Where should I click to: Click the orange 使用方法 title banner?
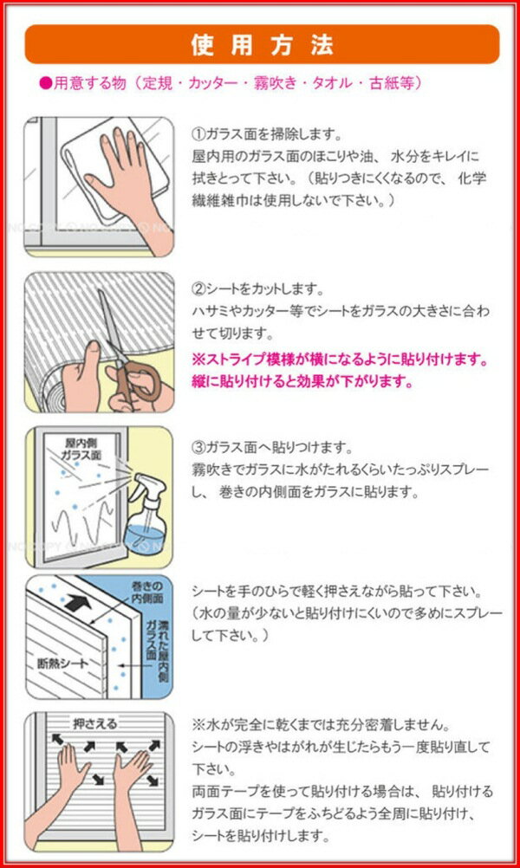(262, 44)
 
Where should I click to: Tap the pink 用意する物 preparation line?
(232, 83)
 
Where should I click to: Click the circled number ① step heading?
(198, 134)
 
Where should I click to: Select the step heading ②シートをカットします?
(257, 289)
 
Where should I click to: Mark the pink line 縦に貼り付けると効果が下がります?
(302, 383)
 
